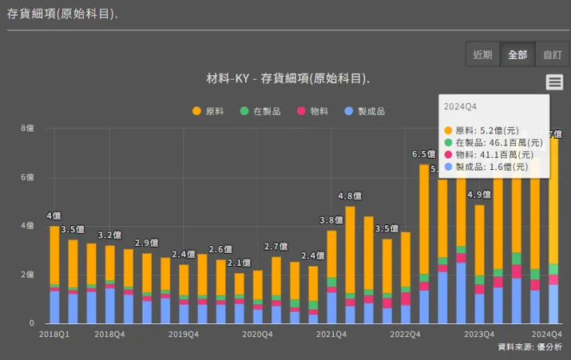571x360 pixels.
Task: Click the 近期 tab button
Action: pyautogui.click(x=482, y=55)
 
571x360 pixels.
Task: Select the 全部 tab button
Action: pyautogui.click(x=517, y=55)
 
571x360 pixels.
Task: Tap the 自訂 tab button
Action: pyautogui.click(x=553, y=55)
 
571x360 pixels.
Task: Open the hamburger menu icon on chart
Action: pyautogui.click(x=555, y=82)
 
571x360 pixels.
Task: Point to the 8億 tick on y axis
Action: pyautogui.click(x=27, y=128)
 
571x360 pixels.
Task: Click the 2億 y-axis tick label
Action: pyautogui.click(x=27, y=275)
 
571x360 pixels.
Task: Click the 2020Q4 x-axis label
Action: pyautogui.click(x=258, y=334)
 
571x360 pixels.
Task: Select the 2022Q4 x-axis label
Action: pyautogui.click(x=405, y=334)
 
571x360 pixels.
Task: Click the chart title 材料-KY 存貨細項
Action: pyautogui.click(x=287, y=79)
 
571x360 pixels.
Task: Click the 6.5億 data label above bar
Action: pyautogui.click(x=423, y=154)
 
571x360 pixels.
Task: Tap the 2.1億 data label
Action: pyautogui.click(x=239, y=263)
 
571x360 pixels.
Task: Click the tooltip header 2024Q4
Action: pyautogui.click(x=461, y=106)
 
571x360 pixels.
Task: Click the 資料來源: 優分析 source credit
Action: pyautogui.click(x=529, y=347)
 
